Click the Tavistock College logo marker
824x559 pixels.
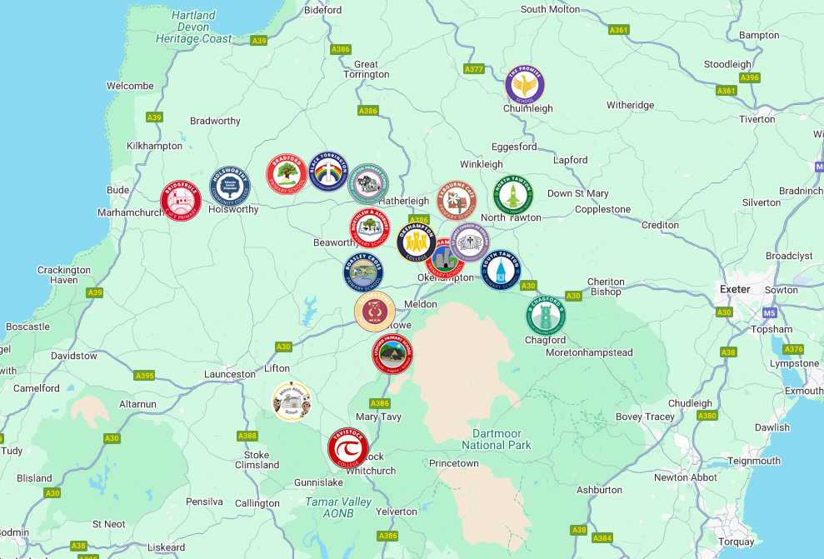click(x=348, y=448)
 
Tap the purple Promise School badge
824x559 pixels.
click(x=525, y=85)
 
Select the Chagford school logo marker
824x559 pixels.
click(x=546, y=317)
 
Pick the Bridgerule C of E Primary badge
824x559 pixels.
click(x=181, y=202)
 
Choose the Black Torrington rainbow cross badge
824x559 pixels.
click(x=328, y=172)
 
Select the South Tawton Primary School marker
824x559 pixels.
click(x=501, y=270)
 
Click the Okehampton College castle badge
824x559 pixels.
click(x=417, y=242)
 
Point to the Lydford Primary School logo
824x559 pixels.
click(x=392, y=354)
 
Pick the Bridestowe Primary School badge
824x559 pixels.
click(x=375, y=312)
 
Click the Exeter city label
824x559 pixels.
click(x=735, y=289)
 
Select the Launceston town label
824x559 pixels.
click(x=230, y=374)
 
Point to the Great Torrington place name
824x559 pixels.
click(x=366, y=69)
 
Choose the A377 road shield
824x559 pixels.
click(x=474, y=68)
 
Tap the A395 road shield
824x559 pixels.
click(x=144, y=376)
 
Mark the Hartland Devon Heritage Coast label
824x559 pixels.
click(x=194, y=27)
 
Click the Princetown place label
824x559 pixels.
click(x=454, y=463)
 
